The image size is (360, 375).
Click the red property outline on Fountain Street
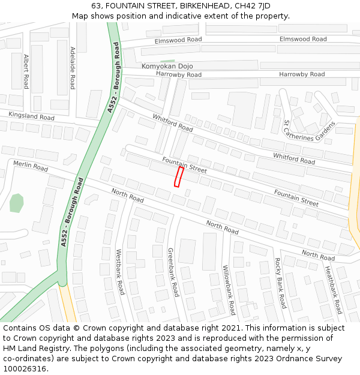pyautogui.click(x=178, y=177)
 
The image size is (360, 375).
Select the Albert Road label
pyautogui.click(x=26, y=71)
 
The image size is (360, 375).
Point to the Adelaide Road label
pyautogui.click(x=73, y=68)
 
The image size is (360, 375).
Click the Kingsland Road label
pyautogui.click(x=31, y=115)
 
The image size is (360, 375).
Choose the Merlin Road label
pyautogui.click(x=30, y=166)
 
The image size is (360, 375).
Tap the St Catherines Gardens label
pyautogui.click(x=309, y=131)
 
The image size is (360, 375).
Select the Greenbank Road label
pyautogui.click(x=173, y=272)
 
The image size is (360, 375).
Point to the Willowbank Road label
pyautogui.click(x=229, y=290)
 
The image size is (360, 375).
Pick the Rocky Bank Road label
pyautogui.click(x=281, y=283)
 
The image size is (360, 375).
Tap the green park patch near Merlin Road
pyautogui.click(x=17, y=203)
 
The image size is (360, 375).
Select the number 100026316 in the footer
pyautogui.click(x=24, y=369)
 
